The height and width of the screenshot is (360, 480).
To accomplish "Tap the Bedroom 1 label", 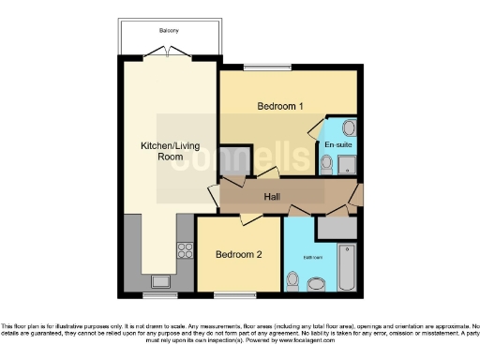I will coord(280,106).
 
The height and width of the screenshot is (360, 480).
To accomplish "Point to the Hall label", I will coord(272,197).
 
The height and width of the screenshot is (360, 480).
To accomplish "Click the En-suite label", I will coord(337,146).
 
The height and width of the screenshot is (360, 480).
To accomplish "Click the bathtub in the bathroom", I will coord(346,265).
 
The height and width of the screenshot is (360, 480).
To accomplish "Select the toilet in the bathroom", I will coord(293,280).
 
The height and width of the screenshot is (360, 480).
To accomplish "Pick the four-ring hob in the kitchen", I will coord(185,250).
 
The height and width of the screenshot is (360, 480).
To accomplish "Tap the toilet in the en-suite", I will coord(325,165).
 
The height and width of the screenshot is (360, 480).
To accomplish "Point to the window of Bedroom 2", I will coord(238,294).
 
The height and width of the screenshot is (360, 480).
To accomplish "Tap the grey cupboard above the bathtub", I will coord(337,226).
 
